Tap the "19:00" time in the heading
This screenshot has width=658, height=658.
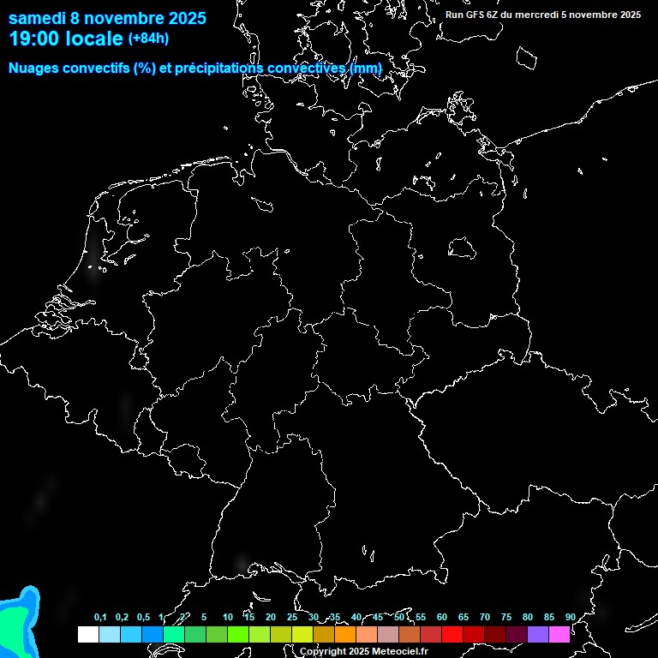point(33,39)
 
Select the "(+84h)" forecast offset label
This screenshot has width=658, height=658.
point(148,38)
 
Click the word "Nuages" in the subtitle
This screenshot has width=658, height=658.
point(34,68)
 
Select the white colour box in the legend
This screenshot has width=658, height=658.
point(87,634)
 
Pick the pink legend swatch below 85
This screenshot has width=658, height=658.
point(559,634)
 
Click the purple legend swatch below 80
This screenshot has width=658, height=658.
point(538,634)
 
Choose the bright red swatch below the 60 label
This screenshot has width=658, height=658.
point(452,634)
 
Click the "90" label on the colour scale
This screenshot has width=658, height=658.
point(570,617)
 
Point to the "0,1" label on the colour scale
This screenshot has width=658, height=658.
point(100,617)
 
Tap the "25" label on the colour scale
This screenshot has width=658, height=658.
point(292,617)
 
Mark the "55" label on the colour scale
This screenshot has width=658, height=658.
point(421,617)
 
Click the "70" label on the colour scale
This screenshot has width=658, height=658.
point(485,617)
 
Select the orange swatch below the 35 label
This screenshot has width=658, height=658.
point(345,634)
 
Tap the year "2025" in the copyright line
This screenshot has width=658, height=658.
point(349,652)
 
